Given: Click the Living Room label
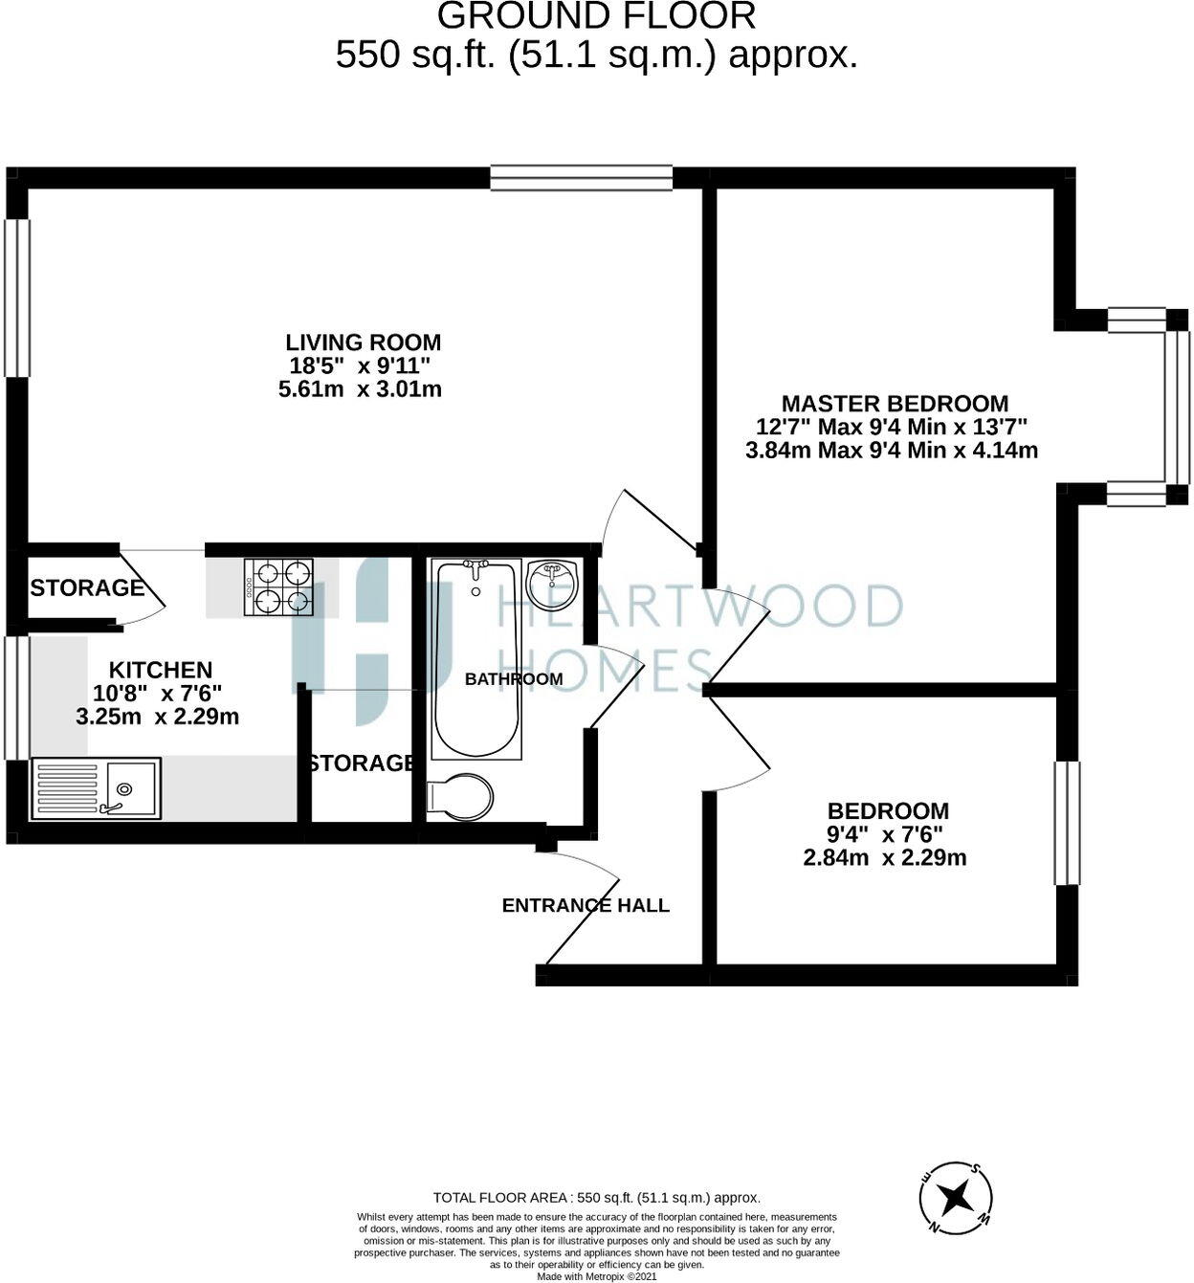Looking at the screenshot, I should click(x=364, y=343).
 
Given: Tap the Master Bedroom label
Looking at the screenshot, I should click(x=895, y=404).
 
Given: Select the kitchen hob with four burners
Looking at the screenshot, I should click(x=279, y=586).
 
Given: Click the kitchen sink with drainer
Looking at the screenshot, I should click(x=96, y=788).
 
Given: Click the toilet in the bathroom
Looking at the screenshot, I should click(x=460, y=796).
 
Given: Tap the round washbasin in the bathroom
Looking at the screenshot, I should click(x=553, y=585).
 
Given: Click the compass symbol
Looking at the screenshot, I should click(x=955, y=1197).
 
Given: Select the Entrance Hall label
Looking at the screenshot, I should click(x=586, y=905).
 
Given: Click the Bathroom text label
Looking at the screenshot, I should click(x=514, y=679).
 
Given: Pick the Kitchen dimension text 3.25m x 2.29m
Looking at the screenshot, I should click(x=158, y=717).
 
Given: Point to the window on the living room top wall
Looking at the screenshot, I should click(x=582, y=178).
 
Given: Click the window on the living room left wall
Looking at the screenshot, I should click(x=16, y=298).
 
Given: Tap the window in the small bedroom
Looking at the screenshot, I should click(x=1067, y=823).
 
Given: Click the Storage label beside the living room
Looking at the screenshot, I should click(x=86, y=587).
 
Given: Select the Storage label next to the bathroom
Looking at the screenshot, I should click(x=362, y=763).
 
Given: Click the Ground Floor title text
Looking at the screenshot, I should click(x=596, y=16).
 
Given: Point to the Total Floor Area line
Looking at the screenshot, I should click(x=596, y=1197).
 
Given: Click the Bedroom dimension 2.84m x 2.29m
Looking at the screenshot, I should click(x=885, y=857).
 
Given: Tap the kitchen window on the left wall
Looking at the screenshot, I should click(x=16, y=698).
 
